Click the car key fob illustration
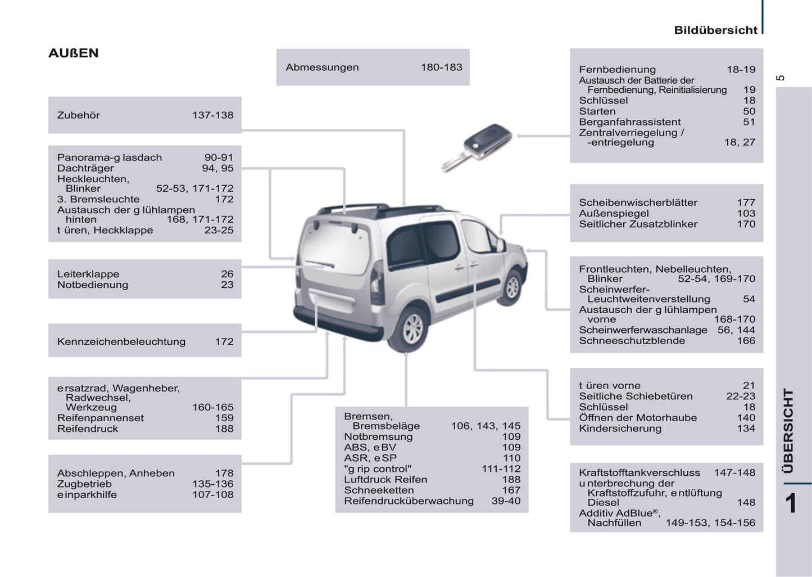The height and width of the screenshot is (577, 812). click(x=478, y=146)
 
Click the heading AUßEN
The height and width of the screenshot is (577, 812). click(x=74, y=53)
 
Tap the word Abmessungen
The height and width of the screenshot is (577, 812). click(x=322, y=67)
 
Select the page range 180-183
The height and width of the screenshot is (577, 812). click(x=441, y=67)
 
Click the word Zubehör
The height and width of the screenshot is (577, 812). click(x=79, y=115)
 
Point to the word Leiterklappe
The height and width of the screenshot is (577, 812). click(x=88, y=274)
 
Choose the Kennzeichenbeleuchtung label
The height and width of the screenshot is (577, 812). click(x=121, y=342)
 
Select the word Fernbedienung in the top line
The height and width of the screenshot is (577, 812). click(x=617, y=70)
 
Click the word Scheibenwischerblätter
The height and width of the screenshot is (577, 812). click(x=638, y=202)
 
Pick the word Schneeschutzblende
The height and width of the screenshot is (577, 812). click(x=632, y=341)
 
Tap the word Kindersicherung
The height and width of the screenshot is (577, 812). click(x=620, y=429)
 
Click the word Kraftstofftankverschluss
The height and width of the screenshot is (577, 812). click(x=639, y=473)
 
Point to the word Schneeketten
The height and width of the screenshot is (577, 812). click(x=379, y=490)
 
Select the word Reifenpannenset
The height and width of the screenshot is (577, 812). click(x=100, y=418)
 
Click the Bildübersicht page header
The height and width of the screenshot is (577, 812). click(x=715, y=30)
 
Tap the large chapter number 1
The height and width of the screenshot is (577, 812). click(x=791, y=503)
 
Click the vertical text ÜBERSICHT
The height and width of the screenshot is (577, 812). click(x=788, y=431)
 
